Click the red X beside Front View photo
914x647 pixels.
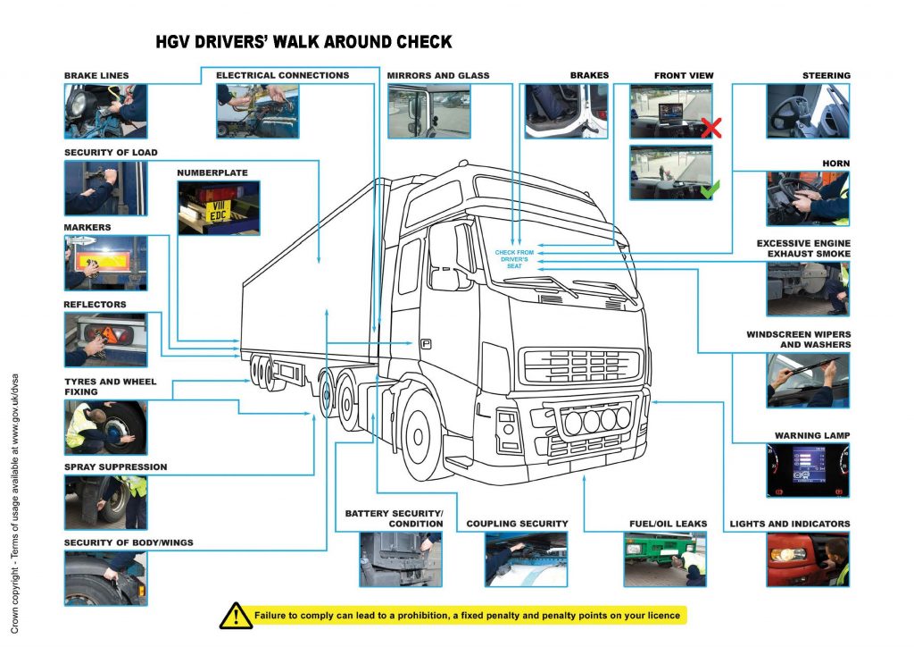coord(710,127)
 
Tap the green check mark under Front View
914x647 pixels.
coord(710,189)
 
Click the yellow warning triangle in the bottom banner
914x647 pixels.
coord(236,615)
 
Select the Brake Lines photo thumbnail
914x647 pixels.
coord(105,112)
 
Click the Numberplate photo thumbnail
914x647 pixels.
coord(219,207)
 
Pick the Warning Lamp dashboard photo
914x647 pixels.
coord(808,470)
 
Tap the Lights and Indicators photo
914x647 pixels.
coord(808,559)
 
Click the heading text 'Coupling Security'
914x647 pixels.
coord(517,524)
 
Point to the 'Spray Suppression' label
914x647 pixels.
coord(115,466)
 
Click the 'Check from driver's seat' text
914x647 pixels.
coord(514,259)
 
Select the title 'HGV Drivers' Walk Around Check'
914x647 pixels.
coord(303,42)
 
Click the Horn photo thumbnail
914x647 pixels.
coord(808,198)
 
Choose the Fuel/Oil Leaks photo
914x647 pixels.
coord(664,559)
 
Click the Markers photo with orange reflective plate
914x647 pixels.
coord(105,263)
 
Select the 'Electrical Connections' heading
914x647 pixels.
coord(282,76)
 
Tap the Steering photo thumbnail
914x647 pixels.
coord(808,112)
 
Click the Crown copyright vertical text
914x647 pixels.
coord(17,500)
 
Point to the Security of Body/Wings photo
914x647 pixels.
coord(105,578)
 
